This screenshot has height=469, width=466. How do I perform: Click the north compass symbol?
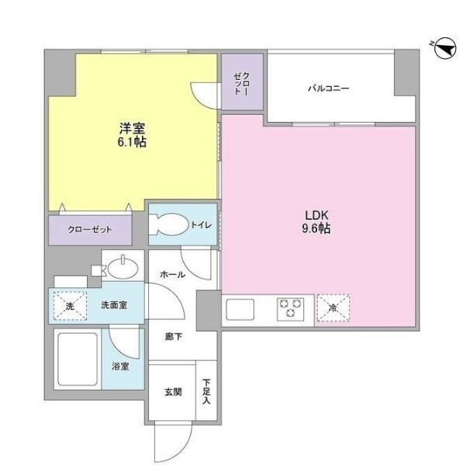[x=445, y=48]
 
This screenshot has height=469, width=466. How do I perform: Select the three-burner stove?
[x=290, y=309]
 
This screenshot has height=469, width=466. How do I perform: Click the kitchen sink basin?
[x=240, y=310]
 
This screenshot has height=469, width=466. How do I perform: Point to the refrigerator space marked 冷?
[x=333, y=308]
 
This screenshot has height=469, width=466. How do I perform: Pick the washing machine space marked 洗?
[x=70, y=306]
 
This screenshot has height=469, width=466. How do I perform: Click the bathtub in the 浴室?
[x=78, y=359]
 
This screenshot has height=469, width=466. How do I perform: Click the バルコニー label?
[x=328, y=89]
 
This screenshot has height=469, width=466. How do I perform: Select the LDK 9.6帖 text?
[x=316, y=221]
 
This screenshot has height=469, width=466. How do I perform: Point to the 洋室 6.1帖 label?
[x=132, y=135]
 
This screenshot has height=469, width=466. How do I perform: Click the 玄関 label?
[x=173, y=392]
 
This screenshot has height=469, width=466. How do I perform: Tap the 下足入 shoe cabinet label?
[x=206, y=391]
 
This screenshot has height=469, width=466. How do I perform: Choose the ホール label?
[x=172, y=275]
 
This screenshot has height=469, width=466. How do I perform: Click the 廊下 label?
[x=173, y=337]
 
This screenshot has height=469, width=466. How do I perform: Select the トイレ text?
[x=202, y=224]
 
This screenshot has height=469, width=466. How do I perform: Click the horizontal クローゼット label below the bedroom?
[x=90, y=229]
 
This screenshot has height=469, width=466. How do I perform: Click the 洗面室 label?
[x=114, y=305]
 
